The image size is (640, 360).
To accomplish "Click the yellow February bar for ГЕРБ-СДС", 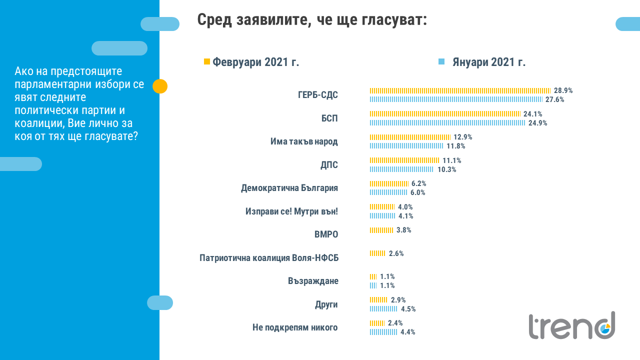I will pos(460,90).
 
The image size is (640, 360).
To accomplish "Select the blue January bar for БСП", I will pos(447,123).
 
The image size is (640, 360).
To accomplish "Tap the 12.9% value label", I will pos(463,137).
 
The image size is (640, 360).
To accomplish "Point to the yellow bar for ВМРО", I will pos(381,230).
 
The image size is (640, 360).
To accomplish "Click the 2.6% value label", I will pos(396,253).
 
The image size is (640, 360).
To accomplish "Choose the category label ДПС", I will pos(328,165).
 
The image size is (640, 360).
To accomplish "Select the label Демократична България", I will pos(289,188).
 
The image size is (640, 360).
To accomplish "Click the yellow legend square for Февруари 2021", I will pos(207,61).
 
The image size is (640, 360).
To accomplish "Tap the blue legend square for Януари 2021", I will pos(441,61).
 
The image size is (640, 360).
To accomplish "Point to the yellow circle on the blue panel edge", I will pos(160,86).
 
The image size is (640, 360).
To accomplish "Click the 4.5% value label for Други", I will pos(408,309).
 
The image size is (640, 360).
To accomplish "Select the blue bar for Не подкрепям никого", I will pos(383,332).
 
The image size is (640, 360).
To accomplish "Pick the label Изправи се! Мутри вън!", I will pos(292,211).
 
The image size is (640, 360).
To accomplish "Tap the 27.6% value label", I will pos(555,99).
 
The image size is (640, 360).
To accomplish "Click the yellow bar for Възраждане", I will pos(373,276).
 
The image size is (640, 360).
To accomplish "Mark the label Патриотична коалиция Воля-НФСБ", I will pos(269,258).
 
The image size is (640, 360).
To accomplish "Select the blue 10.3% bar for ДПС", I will pos(401,169).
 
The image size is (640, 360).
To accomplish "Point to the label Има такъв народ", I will pos(304,141).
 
